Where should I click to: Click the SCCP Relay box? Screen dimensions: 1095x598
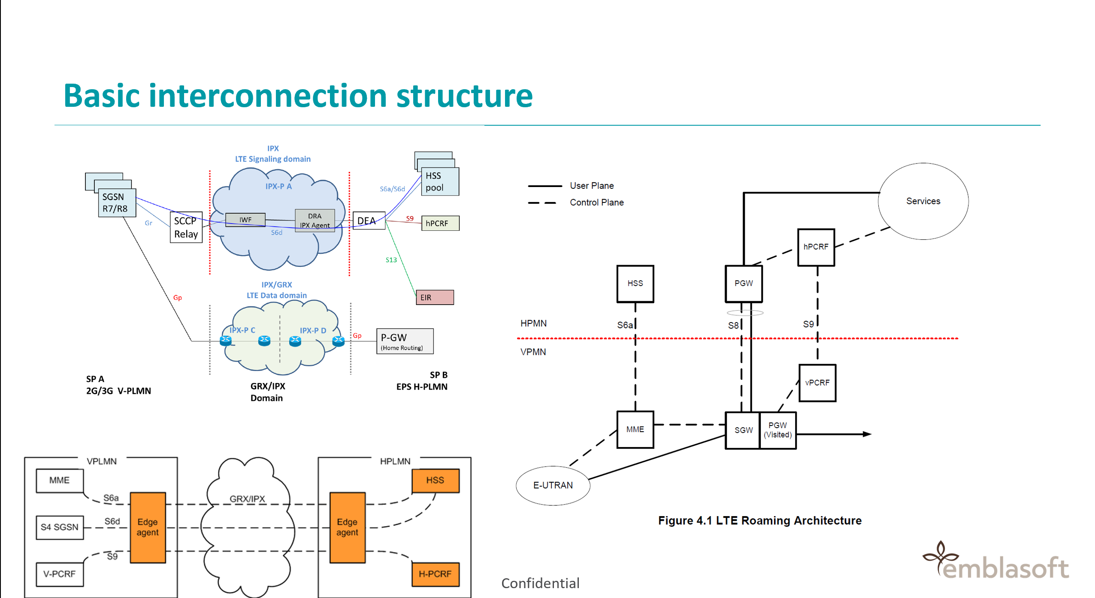tap(186, 227)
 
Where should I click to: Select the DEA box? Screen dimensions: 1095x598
tap(369, 220)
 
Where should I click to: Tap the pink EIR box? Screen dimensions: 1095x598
tap(435, 297)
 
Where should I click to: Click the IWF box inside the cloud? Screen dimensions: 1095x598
tap(245, 220)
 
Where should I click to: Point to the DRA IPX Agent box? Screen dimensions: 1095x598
tap(315, 220)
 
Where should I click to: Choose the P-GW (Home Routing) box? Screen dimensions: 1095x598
tap(405, 341)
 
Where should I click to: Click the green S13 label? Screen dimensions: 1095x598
tap(391, 260)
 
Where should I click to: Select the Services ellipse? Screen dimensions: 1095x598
tap(923, 201)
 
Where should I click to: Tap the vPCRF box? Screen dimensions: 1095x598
tap(817, 383)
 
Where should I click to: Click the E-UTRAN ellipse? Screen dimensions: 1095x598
tap(553, 485)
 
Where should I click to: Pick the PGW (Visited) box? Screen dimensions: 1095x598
tap(777, 430)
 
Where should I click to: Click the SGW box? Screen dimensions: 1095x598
tap(743, 430)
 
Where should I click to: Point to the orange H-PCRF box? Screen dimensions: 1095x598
tap(435, 574)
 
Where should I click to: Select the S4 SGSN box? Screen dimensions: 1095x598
tap(60, 527)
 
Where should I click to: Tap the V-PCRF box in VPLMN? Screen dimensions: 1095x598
tap(60, 574)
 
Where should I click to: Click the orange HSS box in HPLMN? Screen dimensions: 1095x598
tap(435, 480)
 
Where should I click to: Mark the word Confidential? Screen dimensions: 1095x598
tap(540, 583)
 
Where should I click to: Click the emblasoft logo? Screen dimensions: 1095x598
tap(995, 560)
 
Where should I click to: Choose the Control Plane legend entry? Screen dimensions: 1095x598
tap(576, 202)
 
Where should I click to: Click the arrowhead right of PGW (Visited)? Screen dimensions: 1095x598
tap(867, 434)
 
